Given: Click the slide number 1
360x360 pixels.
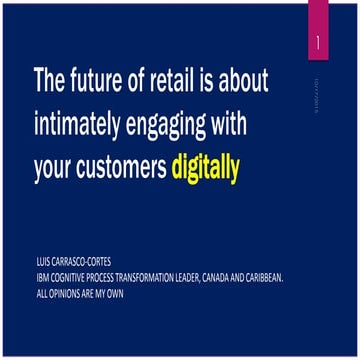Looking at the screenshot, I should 317,44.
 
